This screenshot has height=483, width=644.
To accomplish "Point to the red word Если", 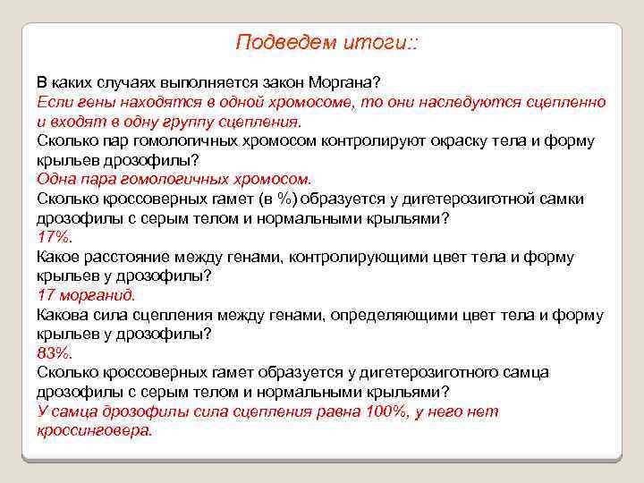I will (52, 102).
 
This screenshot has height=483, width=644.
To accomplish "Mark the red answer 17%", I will (54, 237).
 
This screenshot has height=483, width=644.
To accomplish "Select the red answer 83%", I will (54, 352).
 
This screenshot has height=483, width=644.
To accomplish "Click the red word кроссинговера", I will (95, 430).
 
